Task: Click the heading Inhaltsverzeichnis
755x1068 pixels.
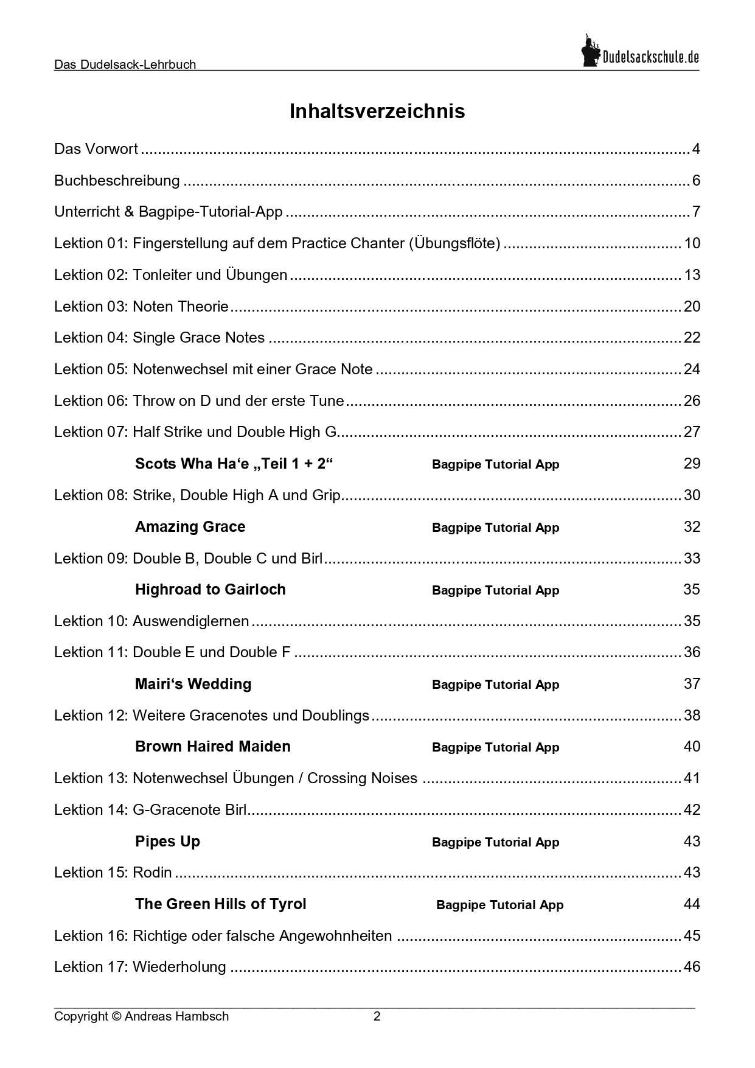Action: click(377, 111)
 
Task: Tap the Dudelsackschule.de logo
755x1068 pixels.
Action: click(640, 52)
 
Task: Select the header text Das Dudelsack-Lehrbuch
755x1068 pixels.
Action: click(125, 65)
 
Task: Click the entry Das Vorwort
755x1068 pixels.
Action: click(96, 149)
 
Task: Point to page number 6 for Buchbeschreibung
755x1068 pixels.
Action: click(696, 181)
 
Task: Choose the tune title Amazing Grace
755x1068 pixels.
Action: click(190, 527)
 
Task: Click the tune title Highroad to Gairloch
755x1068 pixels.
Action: click(210, 590)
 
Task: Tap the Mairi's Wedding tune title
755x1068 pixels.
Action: click(193, 684)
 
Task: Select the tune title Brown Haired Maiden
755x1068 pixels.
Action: click(212, 747)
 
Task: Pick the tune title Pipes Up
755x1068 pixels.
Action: click(167, 842)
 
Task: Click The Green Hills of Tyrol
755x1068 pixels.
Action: click(220, 904)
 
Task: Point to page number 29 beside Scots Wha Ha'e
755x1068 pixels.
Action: click(692, 464)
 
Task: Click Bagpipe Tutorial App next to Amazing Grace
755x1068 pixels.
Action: click(495, 528)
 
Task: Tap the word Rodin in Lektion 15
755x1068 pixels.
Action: click(152, 873)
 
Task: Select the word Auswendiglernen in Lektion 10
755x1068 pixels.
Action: click(190, 621)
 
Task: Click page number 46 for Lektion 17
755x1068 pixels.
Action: click(692, 967)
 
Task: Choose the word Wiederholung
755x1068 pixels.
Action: click(179, 967)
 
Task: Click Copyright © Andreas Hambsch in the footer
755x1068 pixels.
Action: click(141, 1016)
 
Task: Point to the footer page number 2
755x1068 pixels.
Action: click(377, 1016)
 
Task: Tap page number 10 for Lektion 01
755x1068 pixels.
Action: click(692, 243)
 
